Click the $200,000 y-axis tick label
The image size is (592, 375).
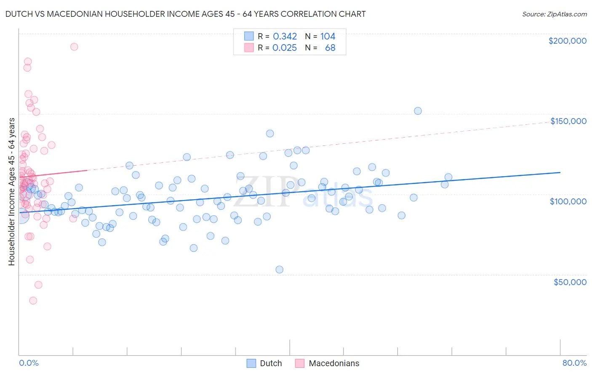click(567, 41)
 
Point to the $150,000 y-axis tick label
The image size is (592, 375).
click(568, 121)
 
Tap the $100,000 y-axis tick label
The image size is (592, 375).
click(568, 201)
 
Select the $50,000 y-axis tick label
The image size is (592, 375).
click(570, 282)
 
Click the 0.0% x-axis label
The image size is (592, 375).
click(29, 363)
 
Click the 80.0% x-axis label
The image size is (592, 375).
click(574, 363)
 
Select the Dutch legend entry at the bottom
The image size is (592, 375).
click(264, 363)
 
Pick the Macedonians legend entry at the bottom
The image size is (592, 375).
click(328, 363)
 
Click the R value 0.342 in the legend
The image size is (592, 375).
click(285, 37)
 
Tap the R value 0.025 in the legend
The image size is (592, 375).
click(285, 48)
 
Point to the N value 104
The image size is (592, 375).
click(328, 37)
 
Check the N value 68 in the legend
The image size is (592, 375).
click(330, 48)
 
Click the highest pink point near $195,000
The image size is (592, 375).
click(74, 47)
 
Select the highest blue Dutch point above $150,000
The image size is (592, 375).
click(418, 111)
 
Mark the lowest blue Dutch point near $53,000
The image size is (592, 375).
click(279, 269)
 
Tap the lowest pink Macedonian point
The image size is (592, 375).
click(33, 301)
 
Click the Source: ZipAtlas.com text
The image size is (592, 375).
click(554, 14)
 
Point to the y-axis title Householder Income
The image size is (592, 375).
click(11, 192)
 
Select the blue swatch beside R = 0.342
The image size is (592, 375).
click(249, 37)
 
